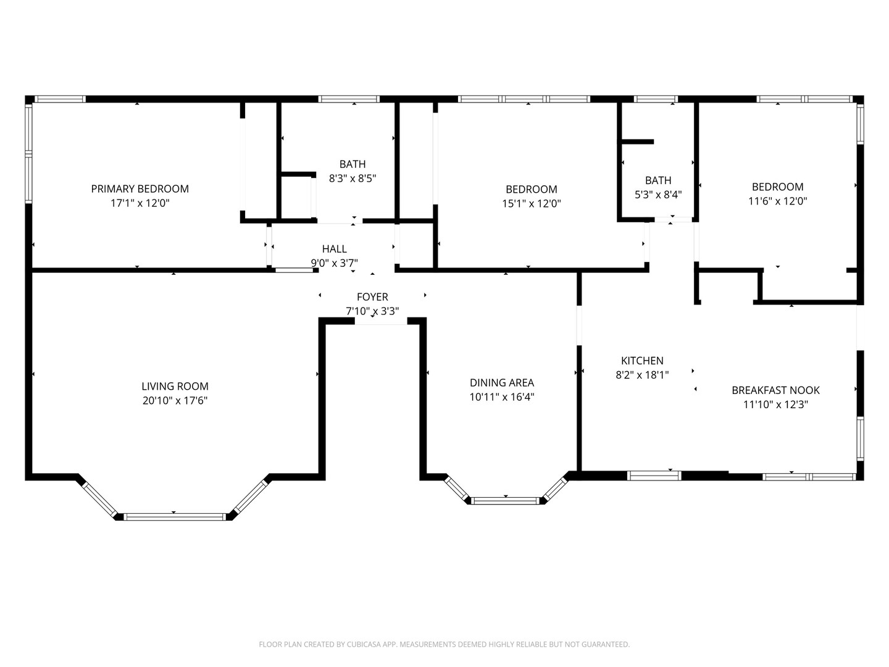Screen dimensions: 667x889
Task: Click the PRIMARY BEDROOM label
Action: click(140, 189)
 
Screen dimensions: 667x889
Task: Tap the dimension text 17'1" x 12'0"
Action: click(140, 203)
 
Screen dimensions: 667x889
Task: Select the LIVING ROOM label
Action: click(175, 387)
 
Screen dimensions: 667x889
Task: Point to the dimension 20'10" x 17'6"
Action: click(175, 401)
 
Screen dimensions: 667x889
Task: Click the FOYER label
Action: click(372, 297)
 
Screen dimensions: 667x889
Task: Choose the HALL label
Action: click(334, 249)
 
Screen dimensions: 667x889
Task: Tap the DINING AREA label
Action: click(501, 383)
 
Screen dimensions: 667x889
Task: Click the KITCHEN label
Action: click(642, 361)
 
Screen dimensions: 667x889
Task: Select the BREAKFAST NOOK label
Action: click(775, 390)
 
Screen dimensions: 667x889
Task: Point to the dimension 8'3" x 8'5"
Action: click(352, 178)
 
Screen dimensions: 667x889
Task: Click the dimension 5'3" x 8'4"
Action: click(658, 195)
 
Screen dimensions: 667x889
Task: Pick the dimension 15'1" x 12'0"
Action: click(531, 203)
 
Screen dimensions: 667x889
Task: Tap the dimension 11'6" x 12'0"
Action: click(777, 201)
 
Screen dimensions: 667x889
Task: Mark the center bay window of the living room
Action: click(175, 516)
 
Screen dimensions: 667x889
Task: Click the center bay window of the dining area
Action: click(506, 500)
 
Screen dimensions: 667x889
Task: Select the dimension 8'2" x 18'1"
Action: click(642, 375)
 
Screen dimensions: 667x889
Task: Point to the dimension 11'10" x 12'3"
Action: click(775, 405)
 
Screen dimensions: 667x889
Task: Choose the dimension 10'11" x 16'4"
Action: click(501, 397)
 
